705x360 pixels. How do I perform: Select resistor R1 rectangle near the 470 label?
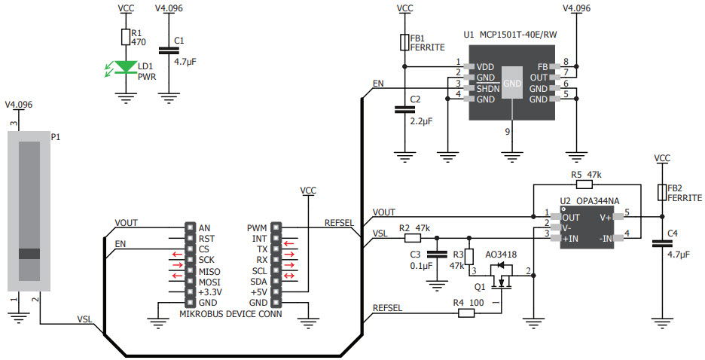pos(125,37)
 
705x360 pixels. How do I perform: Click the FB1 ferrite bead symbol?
pos(404,42)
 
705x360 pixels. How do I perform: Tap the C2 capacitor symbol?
pos(404,110)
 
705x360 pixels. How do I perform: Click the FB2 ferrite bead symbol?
pos(662,192)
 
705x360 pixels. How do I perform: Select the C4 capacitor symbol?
pos(662,243)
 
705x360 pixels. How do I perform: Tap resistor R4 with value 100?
pos(466,313)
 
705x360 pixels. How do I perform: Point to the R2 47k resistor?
pos(412,237)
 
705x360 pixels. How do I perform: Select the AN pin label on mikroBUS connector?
pos(205,227)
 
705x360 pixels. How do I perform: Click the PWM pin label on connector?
pos(256,227)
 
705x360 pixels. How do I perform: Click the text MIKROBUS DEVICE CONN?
pos(230,314)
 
